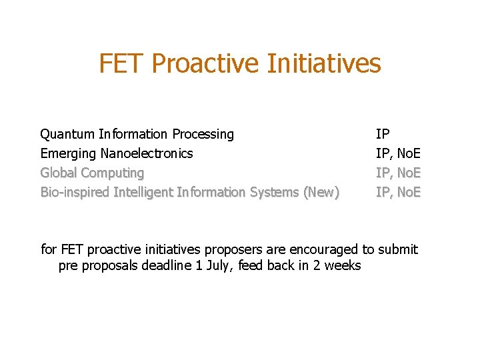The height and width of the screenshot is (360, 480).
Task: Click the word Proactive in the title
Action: click(x=205, y=64)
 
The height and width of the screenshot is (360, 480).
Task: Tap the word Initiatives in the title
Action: click(x=323, y=64)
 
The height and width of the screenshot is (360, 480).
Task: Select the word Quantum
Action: click(x=67, y=135)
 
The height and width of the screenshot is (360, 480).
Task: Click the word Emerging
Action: click(x=69, y=154)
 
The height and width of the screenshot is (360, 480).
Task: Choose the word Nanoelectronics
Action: click(x=147, y=154)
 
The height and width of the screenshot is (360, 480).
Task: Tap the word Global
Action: click(x=59, y=173)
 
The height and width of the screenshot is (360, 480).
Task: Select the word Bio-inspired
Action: click(x=75, y=193)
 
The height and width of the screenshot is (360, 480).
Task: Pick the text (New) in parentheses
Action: click(x=321, y=193)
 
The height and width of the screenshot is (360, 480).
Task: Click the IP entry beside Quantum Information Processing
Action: click(x=383, y=135)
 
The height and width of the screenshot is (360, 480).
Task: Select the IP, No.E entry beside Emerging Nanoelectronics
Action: click(x=398, y=154)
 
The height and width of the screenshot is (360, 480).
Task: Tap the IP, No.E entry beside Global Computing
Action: click(x=398, y=173)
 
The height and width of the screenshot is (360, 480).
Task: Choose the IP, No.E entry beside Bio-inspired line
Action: click(x=398, y=193)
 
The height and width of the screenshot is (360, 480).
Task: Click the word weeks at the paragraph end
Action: click(x=343, y=266)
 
